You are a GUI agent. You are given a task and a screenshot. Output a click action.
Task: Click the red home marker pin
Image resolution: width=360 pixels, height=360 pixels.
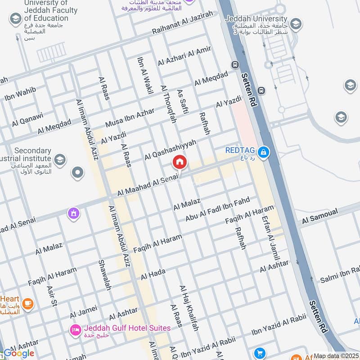[x=179, y=162]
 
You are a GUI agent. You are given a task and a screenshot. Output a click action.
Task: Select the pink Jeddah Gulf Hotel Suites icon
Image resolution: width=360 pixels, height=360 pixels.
[x=75, y=330]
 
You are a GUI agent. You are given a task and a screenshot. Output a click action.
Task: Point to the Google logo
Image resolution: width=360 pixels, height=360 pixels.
[x=19, y=353]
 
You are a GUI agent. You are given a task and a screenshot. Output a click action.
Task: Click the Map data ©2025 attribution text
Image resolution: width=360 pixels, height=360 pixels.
[x=336, y=355]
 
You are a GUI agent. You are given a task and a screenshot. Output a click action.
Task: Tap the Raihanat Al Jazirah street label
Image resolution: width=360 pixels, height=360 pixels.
[x=182, y=22]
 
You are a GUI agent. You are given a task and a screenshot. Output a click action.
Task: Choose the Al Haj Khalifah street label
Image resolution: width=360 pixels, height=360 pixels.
[x=189, y=308]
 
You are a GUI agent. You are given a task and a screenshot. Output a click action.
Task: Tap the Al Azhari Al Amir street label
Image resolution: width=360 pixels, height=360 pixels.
[x=184, y=56]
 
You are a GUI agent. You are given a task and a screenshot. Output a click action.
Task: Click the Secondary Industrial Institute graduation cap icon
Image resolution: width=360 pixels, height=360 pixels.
[x=59, y=159]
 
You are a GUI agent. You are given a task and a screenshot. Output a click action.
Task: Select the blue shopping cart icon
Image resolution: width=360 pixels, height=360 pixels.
[x=259, y=353]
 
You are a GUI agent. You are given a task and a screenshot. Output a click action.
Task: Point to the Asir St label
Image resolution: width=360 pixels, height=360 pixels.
[x=52, y=297]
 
